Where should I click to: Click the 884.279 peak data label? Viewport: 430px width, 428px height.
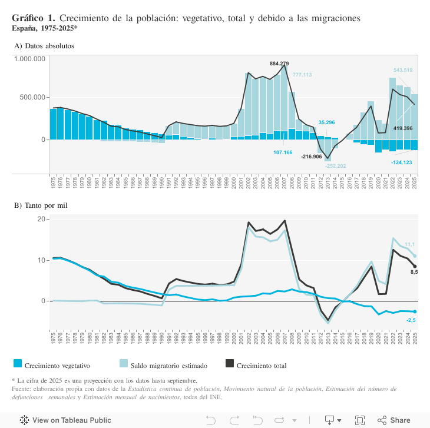(279, 63)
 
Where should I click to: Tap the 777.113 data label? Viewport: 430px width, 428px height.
(302, 75)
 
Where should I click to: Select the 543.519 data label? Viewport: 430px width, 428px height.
(403, 70)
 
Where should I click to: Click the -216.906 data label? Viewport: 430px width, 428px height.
(311, 157)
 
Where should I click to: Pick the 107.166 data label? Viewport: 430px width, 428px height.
(283, 152)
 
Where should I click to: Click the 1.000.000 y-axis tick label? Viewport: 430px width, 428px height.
(30, 59)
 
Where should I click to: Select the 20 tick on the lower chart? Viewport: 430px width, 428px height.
(41, 219)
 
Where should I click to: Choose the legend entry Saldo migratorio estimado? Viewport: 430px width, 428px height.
(168, 366)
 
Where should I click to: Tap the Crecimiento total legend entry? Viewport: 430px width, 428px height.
(261, 366)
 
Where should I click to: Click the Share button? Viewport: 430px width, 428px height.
(394, 420)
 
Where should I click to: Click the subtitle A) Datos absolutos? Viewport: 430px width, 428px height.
(44, 45)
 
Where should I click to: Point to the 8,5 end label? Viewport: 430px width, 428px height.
(414, 272)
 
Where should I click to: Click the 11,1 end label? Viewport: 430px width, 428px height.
(410, 244)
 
